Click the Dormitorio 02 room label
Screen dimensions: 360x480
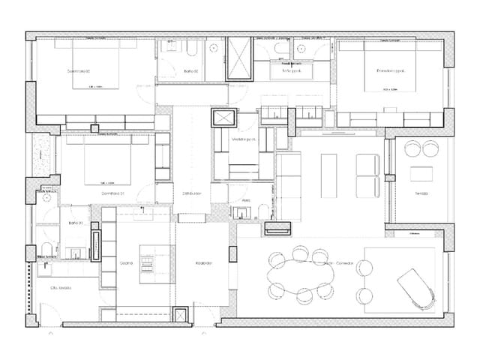coord(79,71)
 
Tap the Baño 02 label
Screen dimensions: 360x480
coord(190,71)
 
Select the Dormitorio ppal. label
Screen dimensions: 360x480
coord(391,70)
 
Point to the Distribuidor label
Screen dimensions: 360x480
coord(192,193)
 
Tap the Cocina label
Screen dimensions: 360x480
coord(127,262)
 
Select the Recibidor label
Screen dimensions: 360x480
coord(204,262)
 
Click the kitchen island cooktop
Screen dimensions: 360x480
coord(149,262)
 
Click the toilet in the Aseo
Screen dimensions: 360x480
coord(257,209)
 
